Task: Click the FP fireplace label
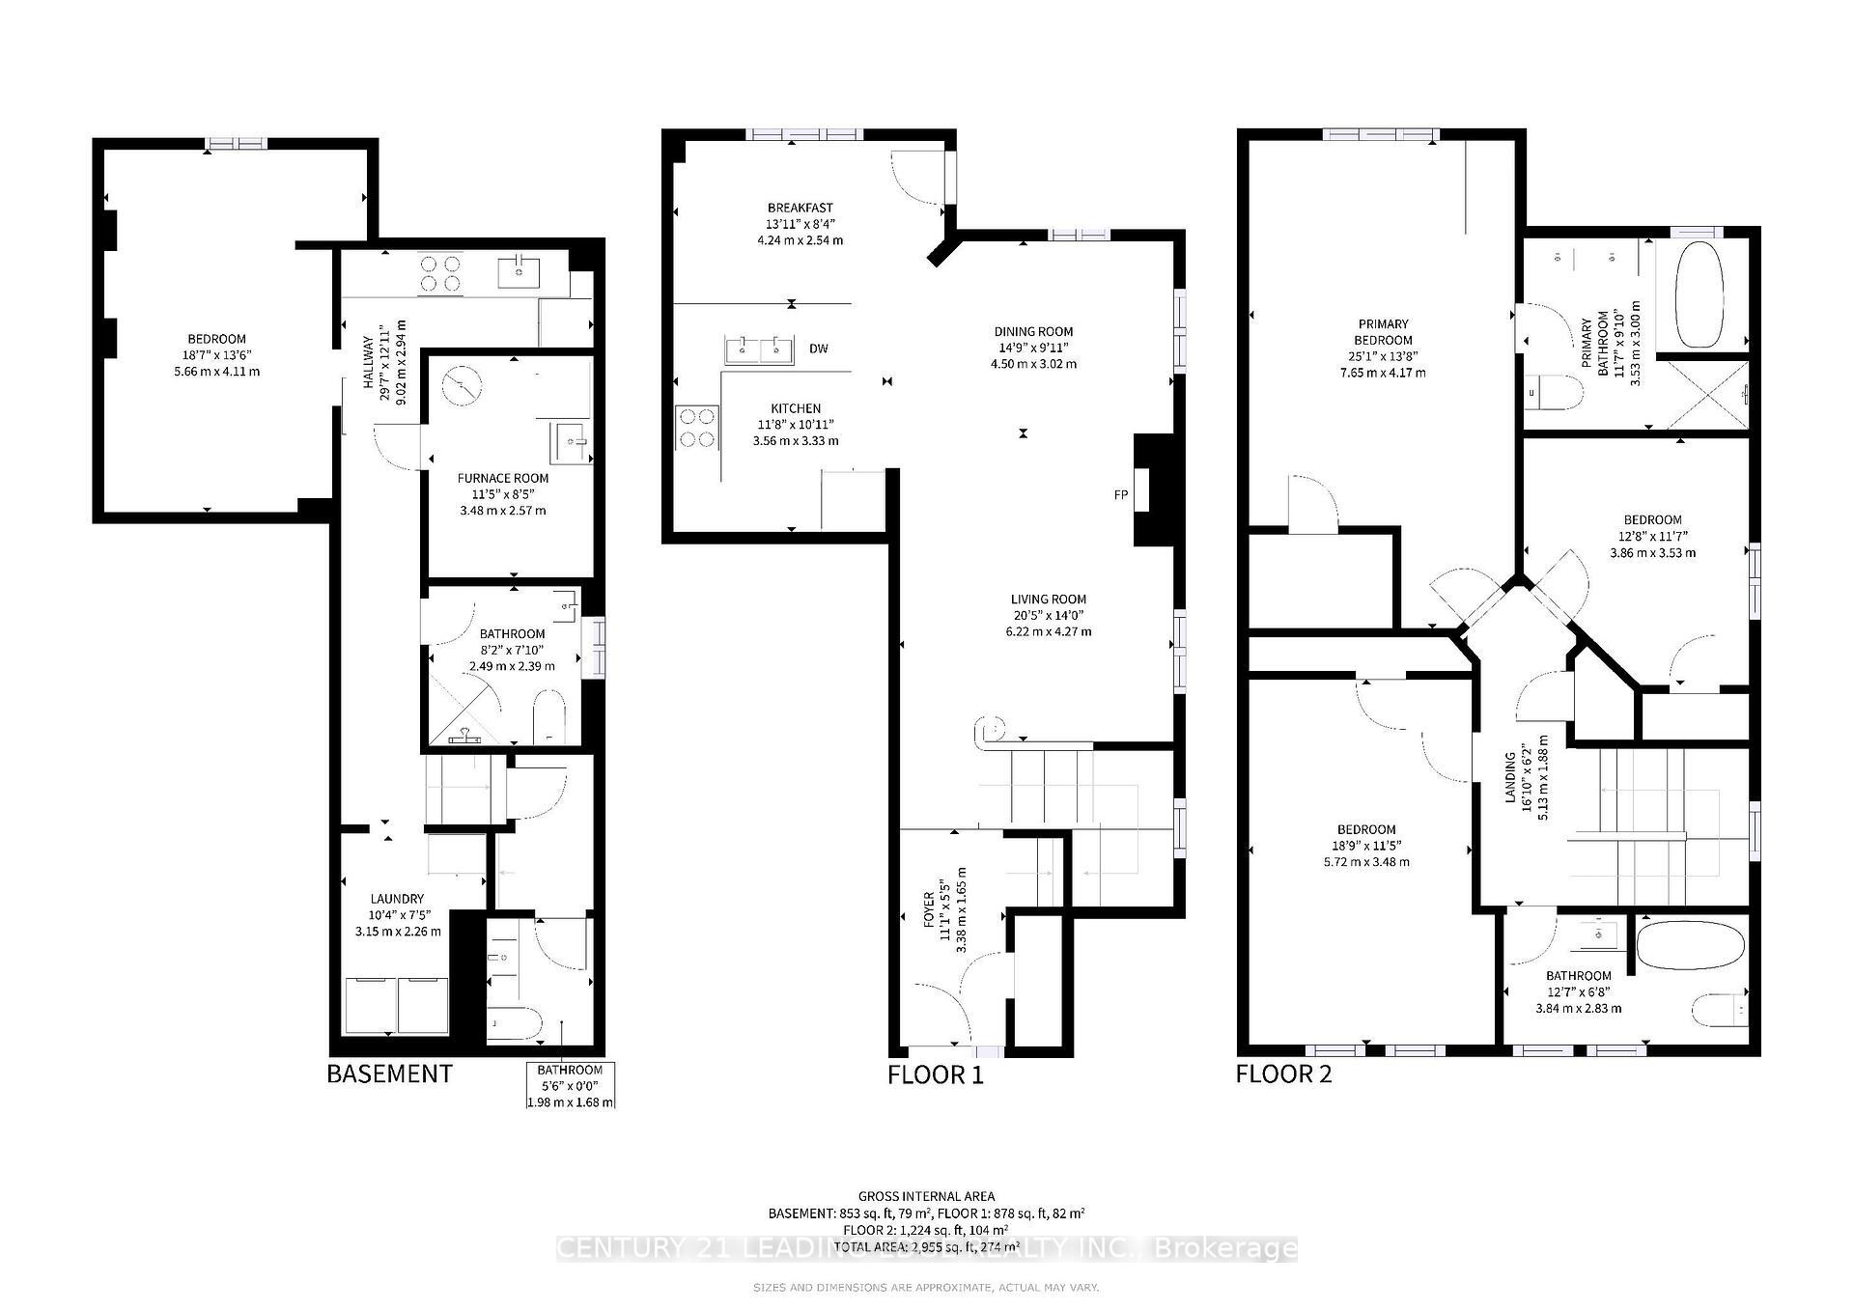1120,495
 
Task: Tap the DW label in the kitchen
818,349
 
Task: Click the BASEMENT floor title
389,1074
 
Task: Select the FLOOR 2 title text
1283,1074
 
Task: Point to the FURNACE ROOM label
502,478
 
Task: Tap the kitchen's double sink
759,350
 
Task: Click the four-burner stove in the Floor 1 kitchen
697,428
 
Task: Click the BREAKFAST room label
800,208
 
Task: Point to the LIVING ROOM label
1048,599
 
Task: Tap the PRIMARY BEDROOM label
1383,331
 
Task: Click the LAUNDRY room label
397,899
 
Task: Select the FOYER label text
929,909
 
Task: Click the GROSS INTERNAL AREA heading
926,1196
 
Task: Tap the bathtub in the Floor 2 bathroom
1692,948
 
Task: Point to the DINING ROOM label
1033,331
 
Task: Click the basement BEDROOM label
216,339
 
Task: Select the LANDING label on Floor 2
1509,776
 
